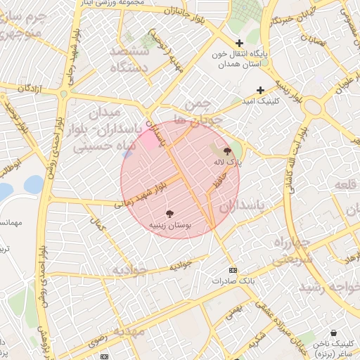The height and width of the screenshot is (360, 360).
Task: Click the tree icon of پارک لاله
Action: pos(227,150)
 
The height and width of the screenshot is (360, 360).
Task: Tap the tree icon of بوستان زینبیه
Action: pos(170,214)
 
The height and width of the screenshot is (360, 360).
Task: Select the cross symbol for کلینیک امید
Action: pos(260,90)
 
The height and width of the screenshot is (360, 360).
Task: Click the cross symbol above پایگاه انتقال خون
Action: pos(240,43)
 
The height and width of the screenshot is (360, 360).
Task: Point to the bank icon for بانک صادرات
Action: pos(233,270)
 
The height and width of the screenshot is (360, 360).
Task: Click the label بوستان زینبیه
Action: pos(170,226)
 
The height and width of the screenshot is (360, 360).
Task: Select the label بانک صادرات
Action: pos(233,280)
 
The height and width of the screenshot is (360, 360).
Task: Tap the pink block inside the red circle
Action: pos(148,138)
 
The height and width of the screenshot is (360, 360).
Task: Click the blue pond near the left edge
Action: pos(33,184)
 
